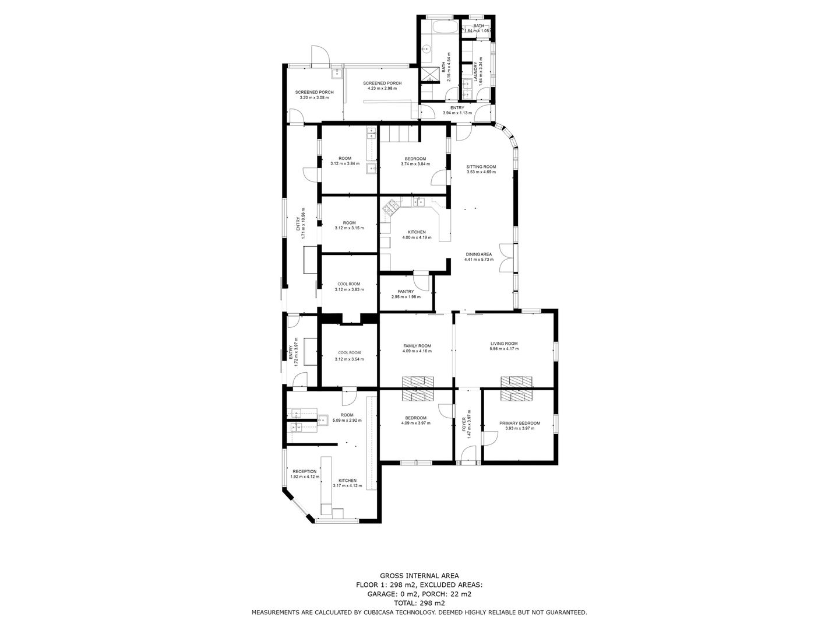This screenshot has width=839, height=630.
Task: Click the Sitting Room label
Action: [481, 166]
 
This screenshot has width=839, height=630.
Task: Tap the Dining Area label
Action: [478, 254]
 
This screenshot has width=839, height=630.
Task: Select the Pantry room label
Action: [406, 291]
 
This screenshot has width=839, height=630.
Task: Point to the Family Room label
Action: [417, 345]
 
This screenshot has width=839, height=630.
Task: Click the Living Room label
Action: [503, 344]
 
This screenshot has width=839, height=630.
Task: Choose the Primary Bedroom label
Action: [519, 423]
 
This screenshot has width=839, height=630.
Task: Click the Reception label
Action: [304, 471]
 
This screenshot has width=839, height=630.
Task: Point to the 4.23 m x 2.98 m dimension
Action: [382, 89]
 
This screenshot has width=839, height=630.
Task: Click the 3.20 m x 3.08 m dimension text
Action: [314, 97]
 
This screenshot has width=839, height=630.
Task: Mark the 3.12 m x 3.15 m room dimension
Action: [349, 228]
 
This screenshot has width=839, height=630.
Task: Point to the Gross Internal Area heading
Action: [419, 575]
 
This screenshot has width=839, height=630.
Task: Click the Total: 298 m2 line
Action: [419, 603]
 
